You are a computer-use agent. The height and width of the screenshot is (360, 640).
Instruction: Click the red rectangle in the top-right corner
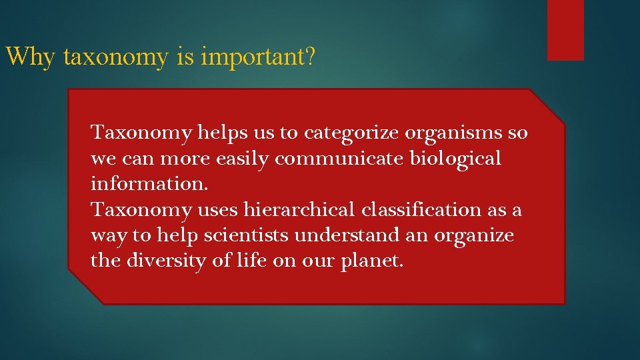tap(565, 30)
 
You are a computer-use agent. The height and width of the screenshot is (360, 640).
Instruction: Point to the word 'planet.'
tap(372, 261)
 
